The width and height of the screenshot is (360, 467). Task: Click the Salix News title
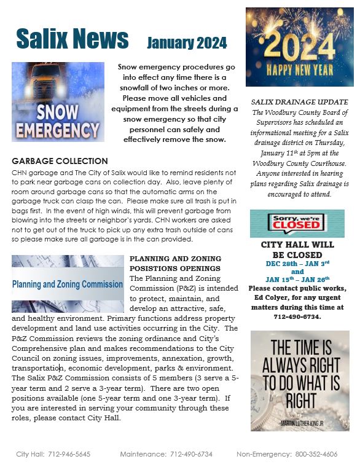(72, 39)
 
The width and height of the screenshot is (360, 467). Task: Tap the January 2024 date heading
(187, 42)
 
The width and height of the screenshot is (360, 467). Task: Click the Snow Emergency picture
(58, 101)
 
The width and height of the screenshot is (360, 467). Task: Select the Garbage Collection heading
(60, 161)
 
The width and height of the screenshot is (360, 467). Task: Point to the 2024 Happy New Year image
(295, 47)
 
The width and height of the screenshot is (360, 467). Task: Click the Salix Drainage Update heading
(300, 101)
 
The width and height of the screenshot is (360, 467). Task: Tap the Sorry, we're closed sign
(297, 223)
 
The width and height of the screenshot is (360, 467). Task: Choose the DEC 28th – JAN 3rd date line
(297, 263)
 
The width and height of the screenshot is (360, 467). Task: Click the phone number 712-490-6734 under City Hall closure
(297, 317)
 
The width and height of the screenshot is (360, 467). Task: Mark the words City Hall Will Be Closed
(297, 249)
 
